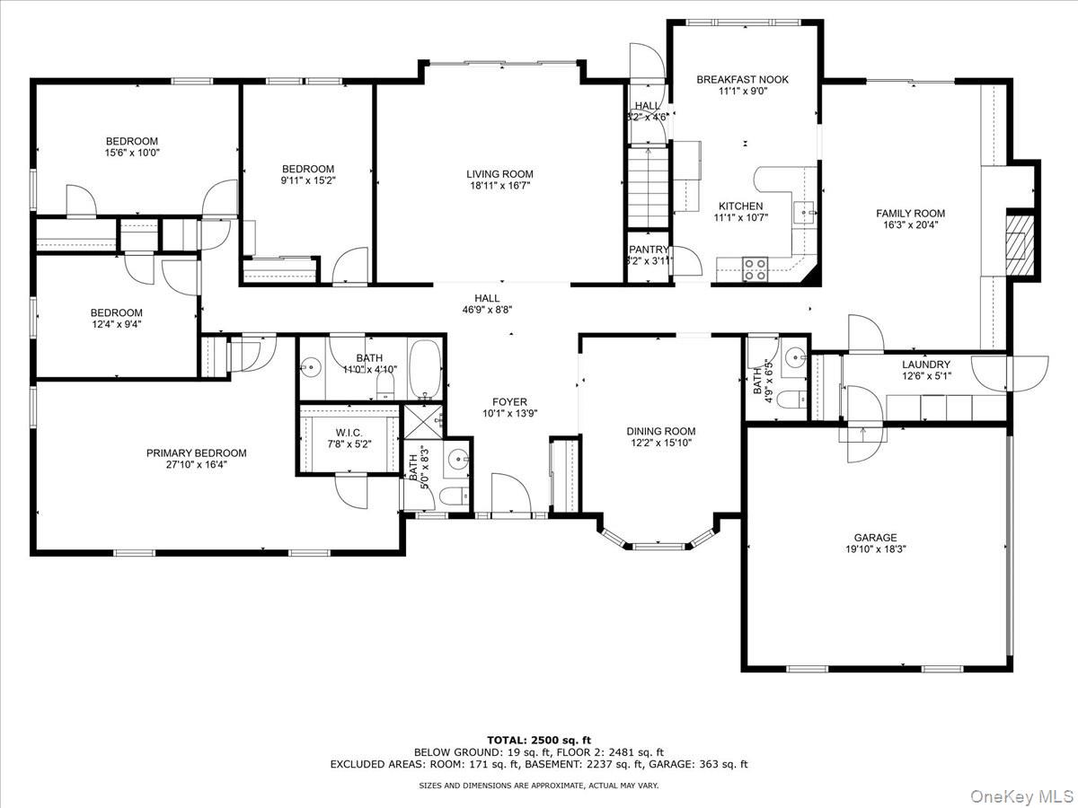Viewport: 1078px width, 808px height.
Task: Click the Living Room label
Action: (499, 174)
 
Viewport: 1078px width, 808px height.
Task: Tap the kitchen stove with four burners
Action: (755, 268)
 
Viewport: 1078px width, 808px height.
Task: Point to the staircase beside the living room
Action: (648, 189)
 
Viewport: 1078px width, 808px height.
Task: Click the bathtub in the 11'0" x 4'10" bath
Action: (424, 367)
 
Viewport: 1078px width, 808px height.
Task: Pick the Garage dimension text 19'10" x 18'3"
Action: (874, 549)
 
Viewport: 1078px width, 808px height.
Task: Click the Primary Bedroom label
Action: (196, 453)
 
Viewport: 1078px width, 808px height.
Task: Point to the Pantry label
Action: (649, 250)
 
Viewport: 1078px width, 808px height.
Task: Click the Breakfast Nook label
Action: (742, 80)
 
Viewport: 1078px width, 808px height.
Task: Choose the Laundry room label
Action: (926, 364)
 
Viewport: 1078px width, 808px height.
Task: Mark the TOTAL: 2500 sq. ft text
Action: (538, 739)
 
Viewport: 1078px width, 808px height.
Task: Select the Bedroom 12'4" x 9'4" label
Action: (117, 312)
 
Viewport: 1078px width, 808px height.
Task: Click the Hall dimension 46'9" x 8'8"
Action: (487, 310)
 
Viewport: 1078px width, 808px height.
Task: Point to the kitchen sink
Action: (805, 213)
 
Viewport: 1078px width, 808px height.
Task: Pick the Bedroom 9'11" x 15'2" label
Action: (308, 169)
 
